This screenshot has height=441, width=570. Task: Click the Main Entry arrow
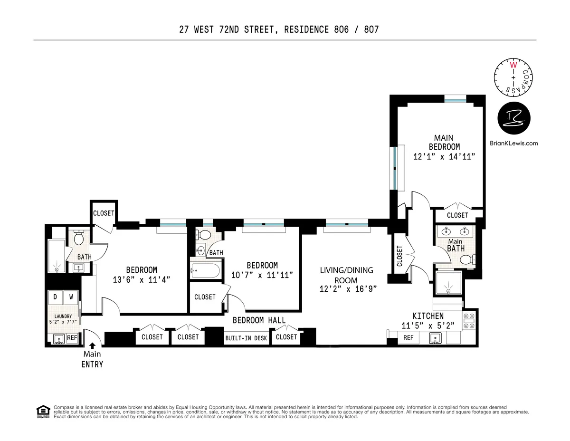(92, 346)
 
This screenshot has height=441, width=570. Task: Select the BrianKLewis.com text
(513, 143)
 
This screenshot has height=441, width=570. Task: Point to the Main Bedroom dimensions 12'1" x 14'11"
(444, 156)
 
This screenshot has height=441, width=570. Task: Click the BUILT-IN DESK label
(246, 338)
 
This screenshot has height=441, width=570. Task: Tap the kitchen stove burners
(468, 321)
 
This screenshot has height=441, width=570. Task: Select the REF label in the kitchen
(408, 337)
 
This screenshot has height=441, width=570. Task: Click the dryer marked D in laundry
(55, 297)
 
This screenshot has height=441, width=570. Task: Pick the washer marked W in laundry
(71, 297)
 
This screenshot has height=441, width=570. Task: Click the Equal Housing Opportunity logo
(43, 412)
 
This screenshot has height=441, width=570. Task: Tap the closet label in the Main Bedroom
(457, 215)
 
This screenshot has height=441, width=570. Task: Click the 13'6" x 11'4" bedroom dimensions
(141, 279)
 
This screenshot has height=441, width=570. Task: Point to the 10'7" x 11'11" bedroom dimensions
(262, 275)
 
